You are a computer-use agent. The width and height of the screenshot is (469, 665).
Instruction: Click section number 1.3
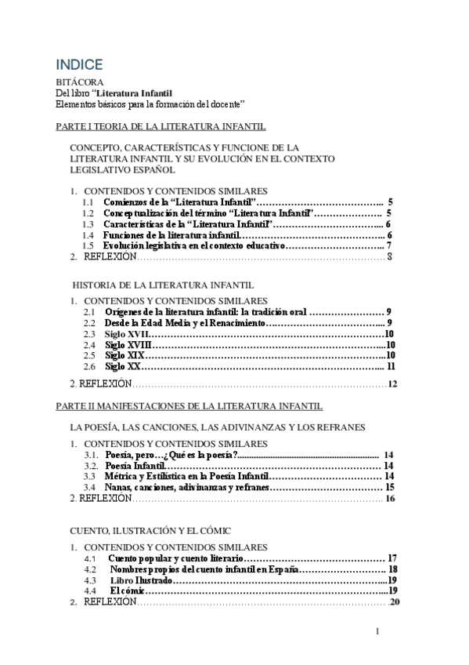tap(88, 224)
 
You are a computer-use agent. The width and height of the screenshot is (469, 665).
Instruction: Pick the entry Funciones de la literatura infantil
tap(171, 235)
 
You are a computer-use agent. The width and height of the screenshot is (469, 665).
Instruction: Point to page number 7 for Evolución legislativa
tap(389, 246)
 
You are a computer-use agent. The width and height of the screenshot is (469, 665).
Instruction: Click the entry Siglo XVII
tap(128, 334)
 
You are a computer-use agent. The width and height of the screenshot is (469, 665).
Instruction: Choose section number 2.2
tap(90, 323)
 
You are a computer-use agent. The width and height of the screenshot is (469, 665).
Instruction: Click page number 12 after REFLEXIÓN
tap(393, 384)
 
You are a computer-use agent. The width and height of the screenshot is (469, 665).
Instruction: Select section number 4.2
tap(90, 569)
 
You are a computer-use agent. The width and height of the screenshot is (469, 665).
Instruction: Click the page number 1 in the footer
tap(377, 632)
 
